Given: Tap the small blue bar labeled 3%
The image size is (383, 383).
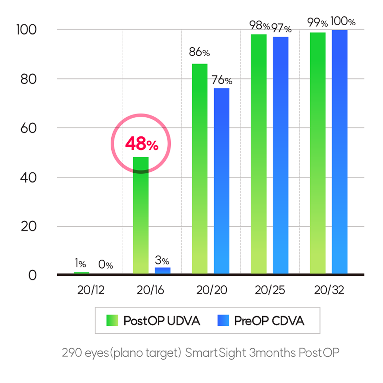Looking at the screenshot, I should (x=162, y=270).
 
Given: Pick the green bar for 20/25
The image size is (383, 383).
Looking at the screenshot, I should (x=258, y=154).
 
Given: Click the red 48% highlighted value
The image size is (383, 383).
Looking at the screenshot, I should (x=142, y=143).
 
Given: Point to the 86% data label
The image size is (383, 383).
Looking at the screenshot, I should (x=199, y=52).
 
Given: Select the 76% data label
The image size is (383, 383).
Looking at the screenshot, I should (x=222, y=80).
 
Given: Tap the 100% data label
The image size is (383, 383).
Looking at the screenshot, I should (x=343, y=22).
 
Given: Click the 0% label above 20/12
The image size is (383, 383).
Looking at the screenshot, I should (x=105, y=265).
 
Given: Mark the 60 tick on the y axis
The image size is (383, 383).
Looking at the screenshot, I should (x=28, y=128).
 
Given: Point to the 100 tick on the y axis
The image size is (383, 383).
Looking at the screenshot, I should (x=26, y=30).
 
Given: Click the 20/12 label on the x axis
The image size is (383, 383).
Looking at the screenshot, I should (x=91, y=290).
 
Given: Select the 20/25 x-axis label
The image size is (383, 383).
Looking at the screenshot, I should (x=270, y=290).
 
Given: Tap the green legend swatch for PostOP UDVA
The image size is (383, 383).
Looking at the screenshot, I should (x=112, y=320).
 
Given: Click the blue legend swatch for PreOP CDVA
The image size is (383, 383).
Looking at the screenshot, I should (x=223, y=320).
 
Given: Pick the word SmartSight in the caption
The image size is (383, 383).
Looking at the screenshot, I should (x=215, y=352).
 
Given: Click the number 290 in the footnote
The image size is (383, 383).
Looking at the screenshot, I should (x=71, y=352).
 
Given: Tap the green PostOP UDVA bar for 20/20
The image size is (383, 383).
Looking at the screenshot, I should (x=200, y=169).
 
